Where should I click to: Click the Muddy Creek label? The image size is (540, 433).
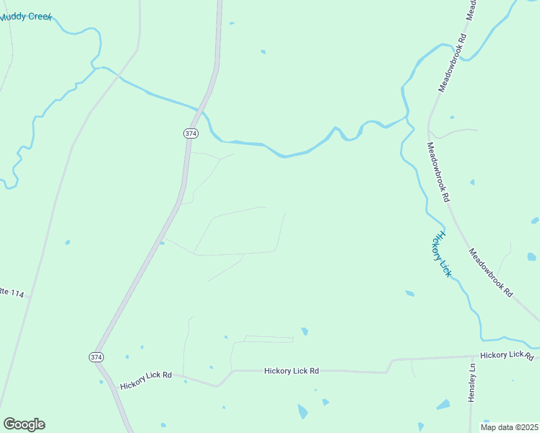click(26, 16)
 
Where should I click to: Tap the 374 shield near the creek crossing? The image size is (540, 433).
click(190, 134)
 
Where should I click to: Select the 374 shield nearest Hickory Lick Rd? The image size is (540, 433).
click(96, 357)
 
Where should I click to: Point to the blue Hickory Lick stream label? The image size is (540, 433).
click(441, 254)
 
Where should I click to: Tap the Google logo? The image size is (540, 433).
click(24, 424)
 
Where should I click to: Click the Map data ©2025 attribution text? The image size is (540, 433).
click(510, 427)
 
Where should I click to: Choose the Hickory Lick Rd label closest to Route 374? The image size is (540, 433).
click(147, 375)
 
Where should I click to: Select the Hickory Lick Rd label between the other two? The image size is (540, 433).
click(292, 371)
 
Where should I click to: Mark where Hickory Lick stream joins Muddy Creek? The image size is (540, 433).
click(407, 118)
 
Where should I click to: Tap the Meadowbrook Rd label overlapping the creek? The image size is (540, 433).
click(453, 64)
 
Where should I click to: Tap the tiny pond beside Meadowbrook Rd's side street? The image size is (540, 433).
click(453, 117)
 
